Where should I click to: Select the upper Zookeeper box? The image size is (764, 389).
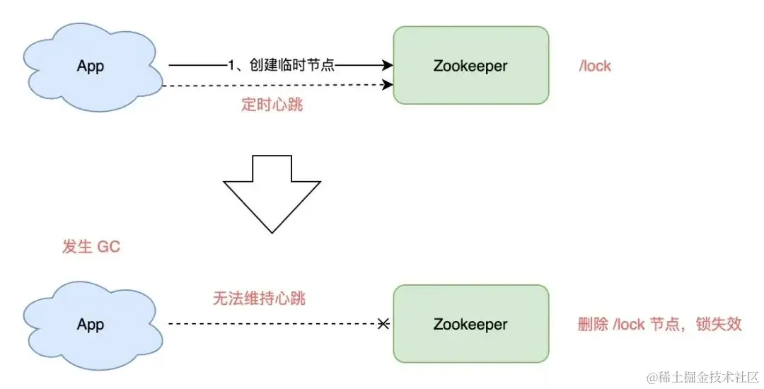click(470, 65)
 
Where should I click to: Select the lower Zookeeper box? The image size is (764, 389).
click(470, 324)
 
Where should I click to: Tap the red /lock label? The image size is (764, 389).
click(595, 66)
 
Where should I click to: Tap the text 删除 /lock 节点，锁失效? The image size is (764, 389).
click(659, 324)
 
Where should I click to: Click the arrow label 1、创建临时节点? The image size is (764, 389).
click(281, 66)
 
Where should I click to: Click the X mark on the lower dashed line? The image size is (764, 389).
click(383, 324)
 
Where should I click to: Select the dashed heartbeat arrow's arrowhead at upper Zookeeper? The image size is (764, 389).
click(388, 86)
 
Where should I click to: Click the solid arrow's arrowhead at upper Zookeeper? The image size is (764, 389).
click(388, 66)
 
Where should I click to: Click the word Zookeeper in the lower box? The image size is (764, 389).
click(470, 325)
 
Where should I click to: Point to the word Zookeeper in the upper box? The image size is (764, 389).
click(470, 66)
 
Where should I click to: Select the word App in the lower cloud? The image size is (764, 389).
click(91, 325)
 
